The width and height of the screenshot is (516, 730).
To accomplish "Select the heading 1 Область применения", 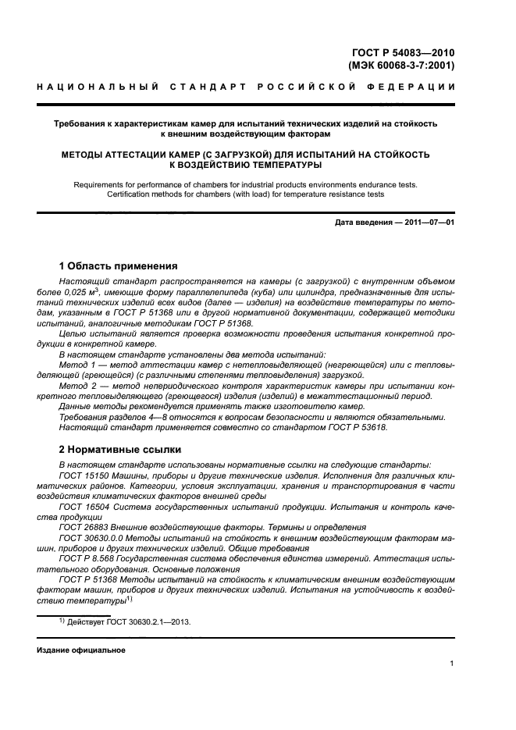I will [119, 266].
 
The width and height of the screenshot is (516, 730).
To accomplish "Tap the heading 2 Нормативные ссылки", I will [120, 450].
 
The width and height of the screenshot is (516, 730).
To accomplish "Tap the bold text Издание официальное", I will [81, 650].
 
